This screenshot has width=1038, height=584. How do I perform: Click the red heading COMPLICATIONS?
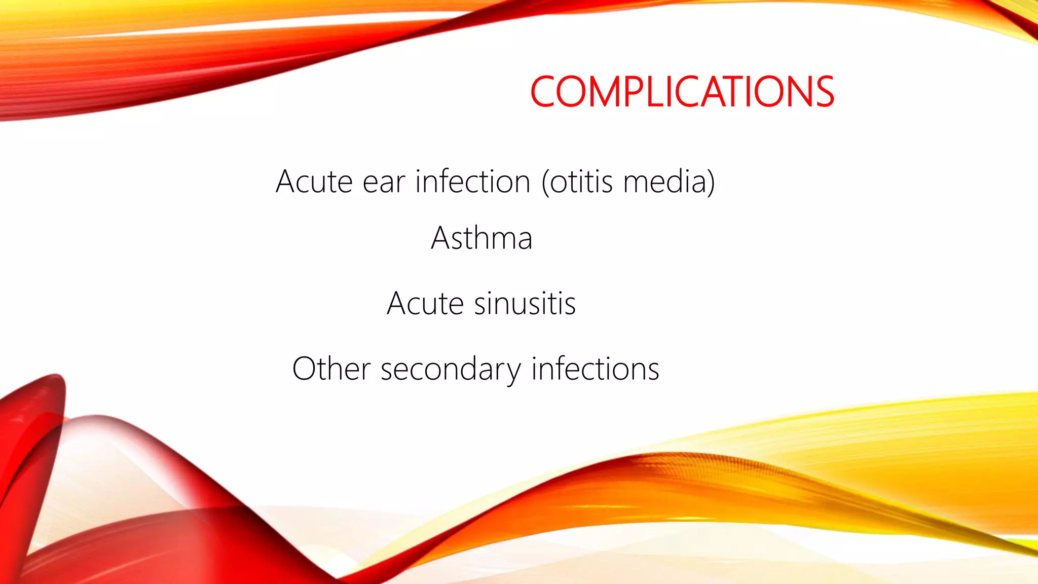pos(682,92)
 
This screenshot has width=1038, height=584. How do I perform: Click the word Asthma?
pos(481,238)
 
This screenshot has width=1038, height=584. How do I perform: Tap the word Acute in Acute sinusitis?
pos(425,304)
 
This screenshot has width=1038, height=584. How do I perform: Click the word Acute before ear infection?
pos(314,181)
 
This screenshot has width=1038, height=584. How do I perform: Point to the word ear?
pos(384,182)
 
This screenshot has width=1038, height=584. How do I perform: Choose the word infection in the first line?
pos(472,181)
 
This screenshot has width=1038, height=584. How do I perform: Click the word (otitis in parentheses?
pos(577,181)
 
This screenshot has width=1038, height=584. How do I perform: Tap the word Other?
pos(331,369)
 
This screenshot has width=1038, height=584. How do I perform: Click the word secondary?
pos(450,370)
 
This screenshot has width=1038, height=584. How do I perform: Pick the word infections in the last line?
pos(595,369)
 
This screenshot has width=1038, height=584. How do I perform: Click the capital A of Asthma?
pos(441,238)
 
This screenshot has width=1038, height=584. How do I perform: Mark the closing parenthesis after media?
pos(711,181)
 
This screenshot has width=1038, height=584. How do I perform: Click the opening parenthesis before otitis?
pos(545,181)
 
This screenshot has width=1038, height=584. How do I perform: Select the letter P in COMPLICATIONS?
pos(632,92)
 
